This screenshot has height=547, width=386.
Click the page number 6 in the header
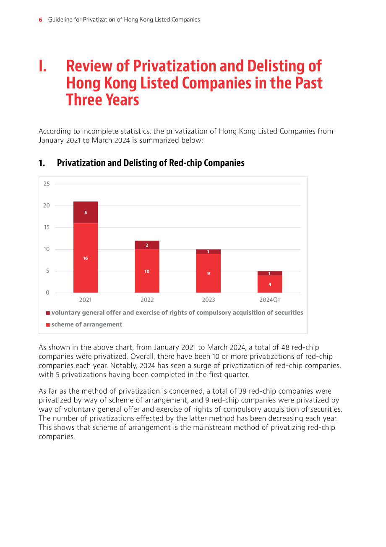click(x=40, y=20)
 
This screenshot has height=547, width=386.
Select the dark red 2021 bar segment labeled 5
click(x=86, y=212)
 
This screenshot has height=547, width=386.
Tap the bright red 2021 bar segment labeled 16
click(x=86, y=258)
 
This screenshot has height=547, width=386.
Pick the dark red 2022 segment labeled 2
click(x=147, y=245)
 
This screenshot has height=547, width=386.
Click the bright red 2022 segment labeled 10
click(x=147, y=271)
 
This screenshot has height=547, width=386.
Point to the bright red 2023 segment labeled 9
click(x=209, y=273)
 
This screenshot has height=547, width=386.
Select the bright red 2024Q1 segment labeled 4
click(x=270, y=284)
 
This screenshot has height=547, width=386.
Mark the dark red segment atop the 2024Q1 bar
click(x=270, y=273)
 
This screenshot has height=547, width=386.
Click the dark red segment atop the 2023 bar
click(x=209, y=252)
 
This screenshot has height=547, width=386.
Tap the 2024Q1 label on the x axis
click(x=270, y=300)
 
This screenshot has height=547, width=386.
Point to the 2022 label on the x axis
click(x=147, y=300)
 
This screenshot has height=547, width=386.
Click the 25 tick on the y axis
click(x=47, y=184)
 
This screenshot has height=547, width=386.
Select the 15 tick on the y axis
click(x=47, y=227)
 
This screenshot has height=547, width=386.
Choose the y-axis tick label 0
click(x=47, y=292)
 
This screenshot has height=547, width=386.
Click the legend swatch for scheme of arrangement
click(x=48, y=325)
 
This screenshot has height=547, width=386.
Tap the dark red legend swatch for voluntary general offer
click(x=48, y=313)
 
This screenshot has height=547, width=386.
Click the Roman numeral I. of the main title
click(x=42, y=66)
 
